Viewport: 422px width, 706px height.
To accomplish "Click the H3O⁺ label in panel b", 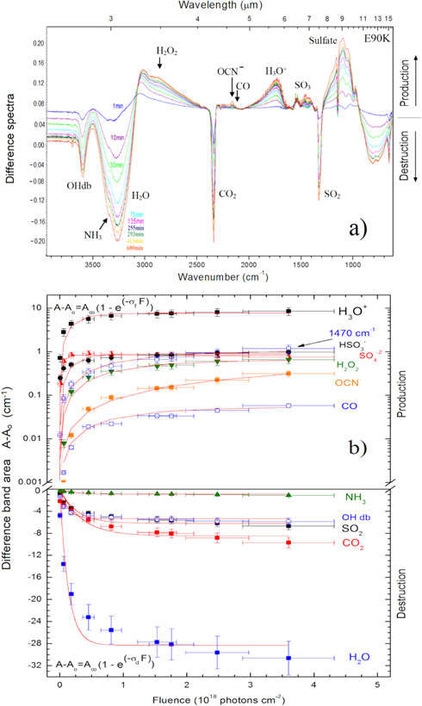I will point(353,312).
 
